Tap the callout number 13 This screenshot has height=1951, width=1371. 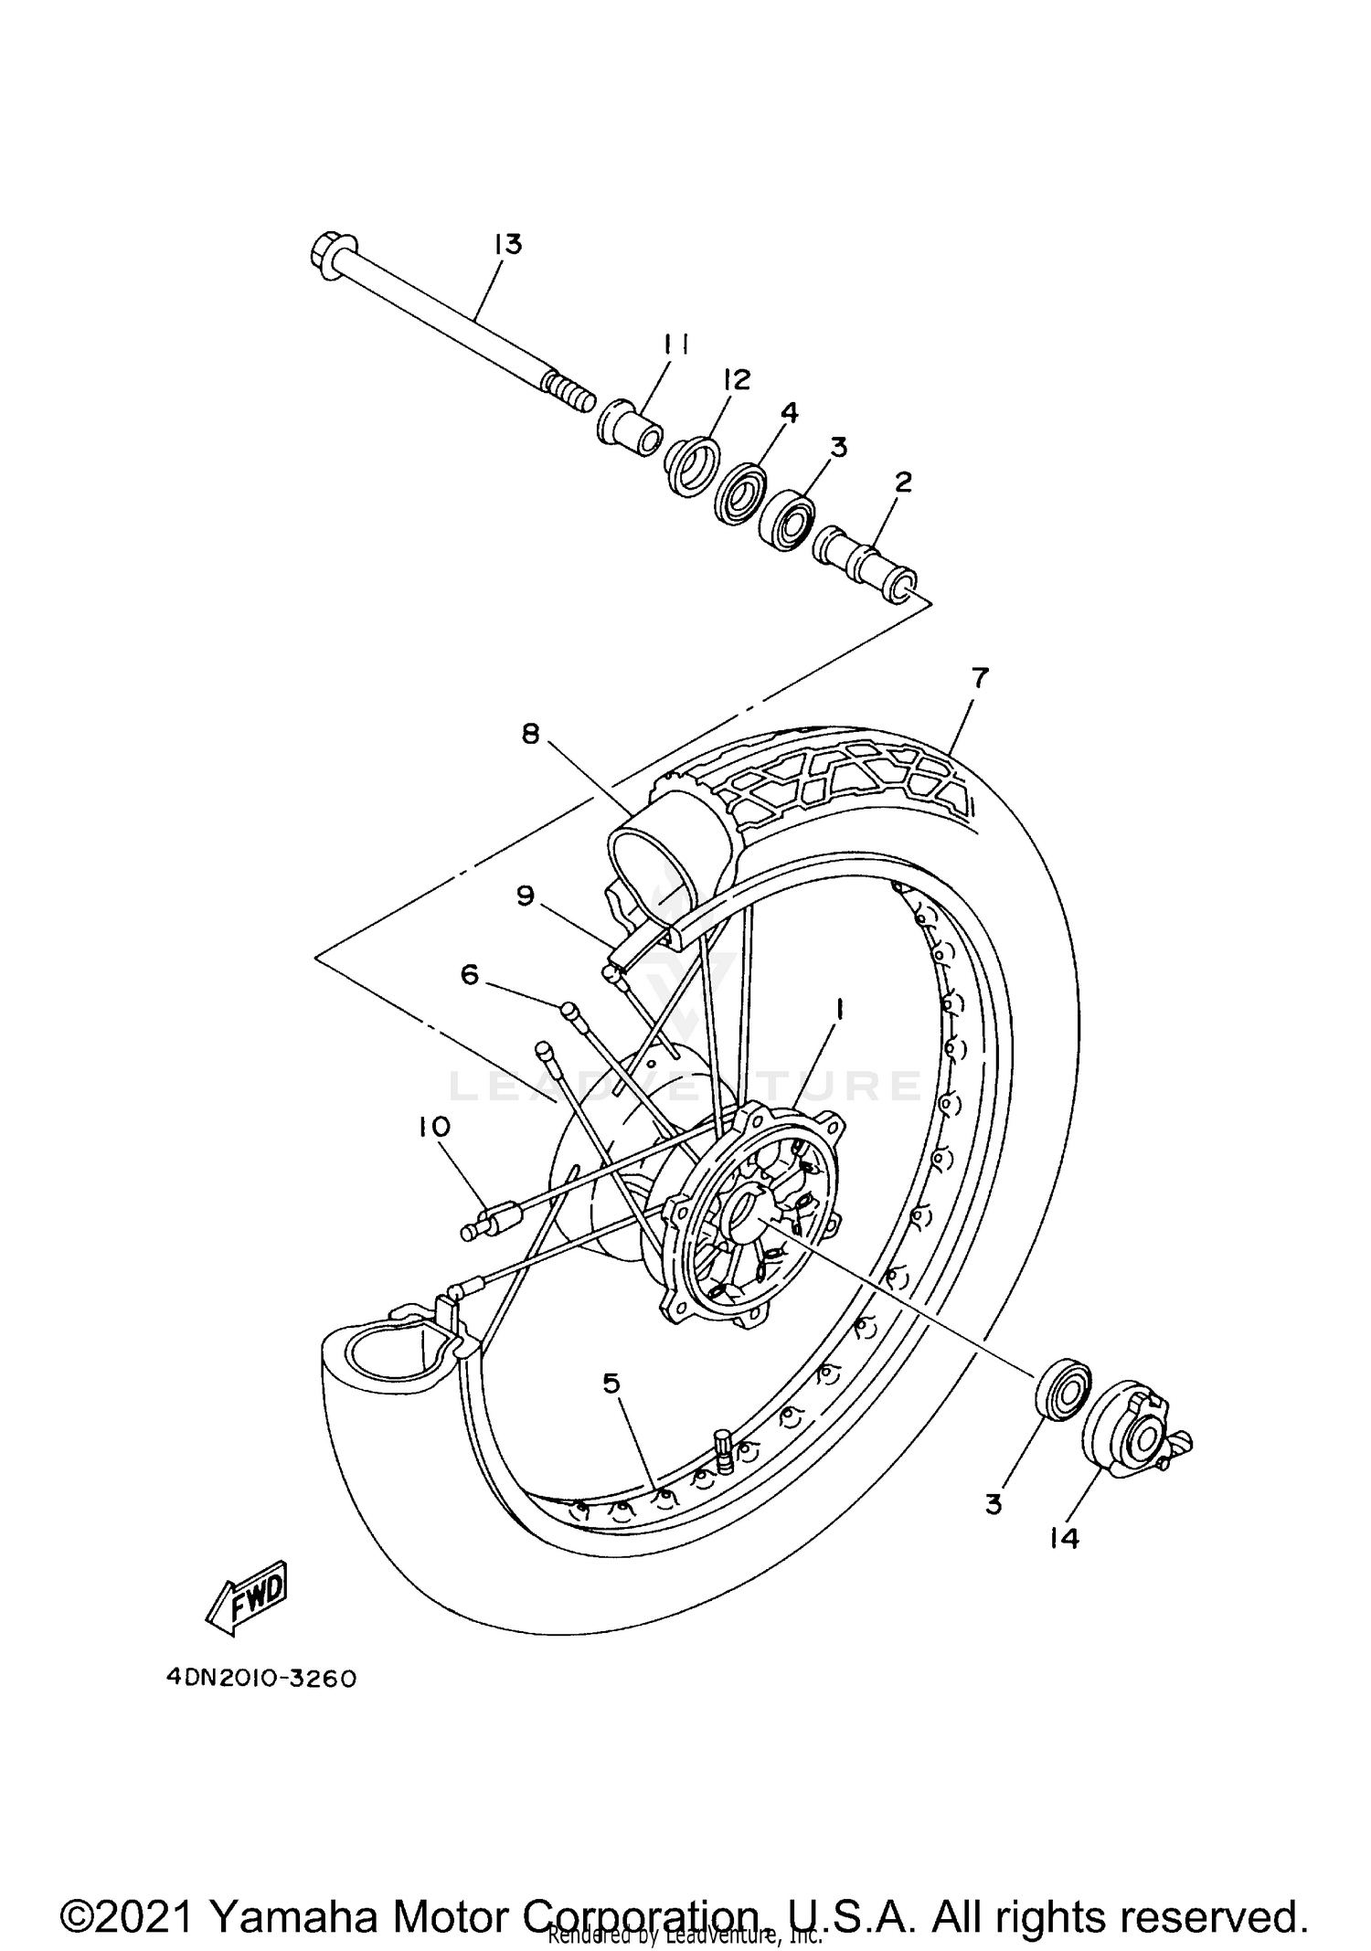click(507, 244)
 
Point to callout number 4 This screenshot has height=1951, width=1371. click(788, 412)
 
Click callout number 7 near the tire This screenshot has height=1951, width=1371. click(980, 678)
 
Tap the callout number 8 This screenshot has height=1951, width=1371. click(531, 733)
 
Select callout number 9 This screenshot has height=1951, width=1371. click(525, 896)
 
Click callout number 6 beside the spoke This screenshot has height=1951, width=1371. click(469, 975)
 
